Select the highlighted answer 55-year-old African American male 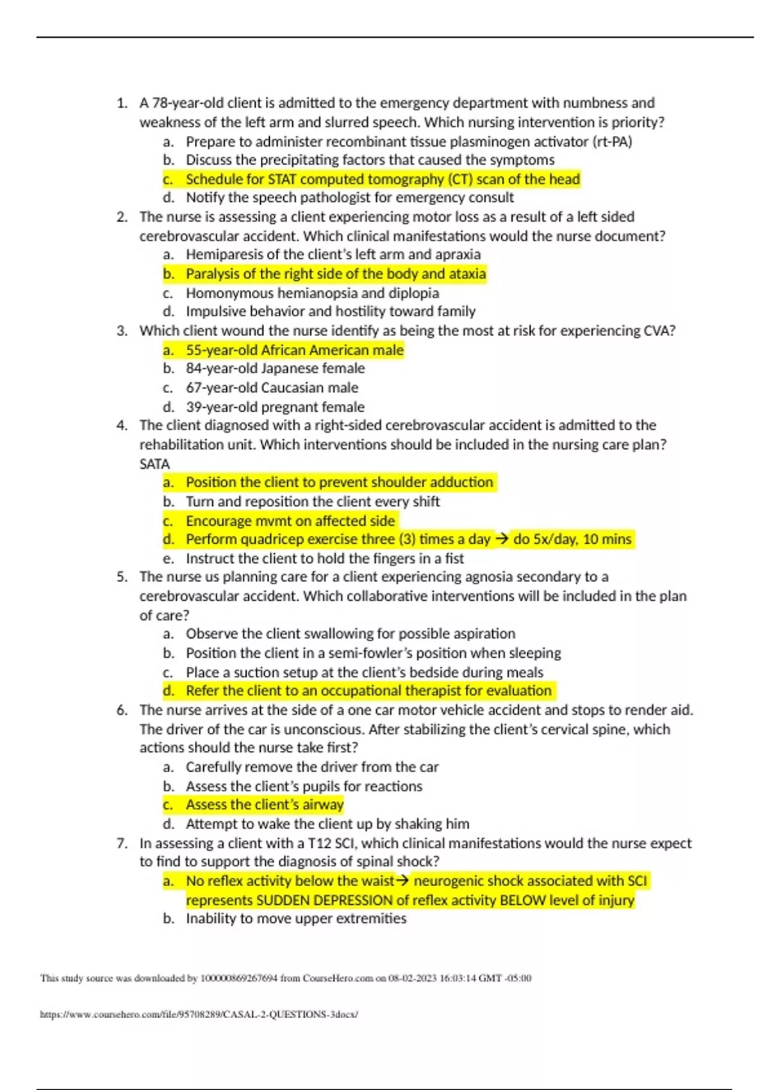tap(295, 350)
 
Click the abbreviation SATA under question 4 tap(154, 464)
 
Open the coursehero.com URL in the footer tap(199, 1014)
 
